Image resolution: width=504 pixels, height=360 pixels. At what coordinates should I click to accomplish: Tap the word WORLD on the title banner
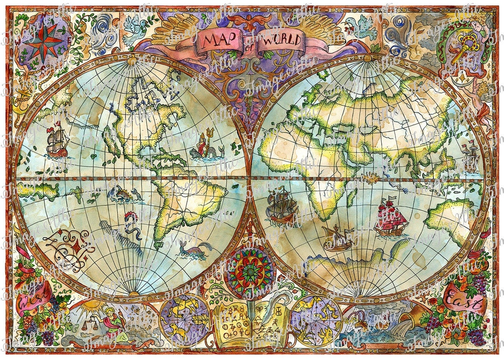(280, 40)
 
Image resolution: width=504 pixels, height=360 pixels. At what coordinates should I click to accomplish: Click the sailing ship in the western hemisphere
(57, 140)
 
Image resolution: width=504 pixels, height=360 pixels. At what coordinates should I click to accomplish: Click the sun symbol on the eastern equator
(372, 177)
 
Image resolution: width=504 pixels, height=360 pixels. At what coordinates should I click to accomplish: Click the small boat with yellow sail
(337, 238)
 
